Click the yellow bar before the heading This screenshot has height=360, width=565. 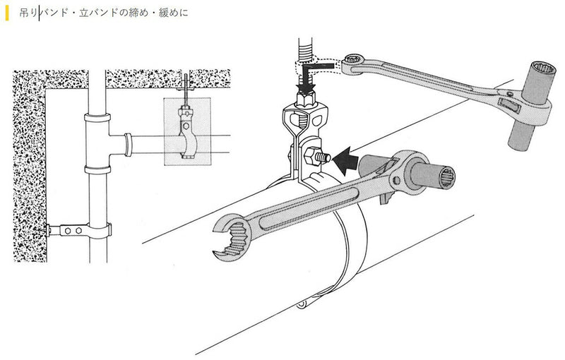click(6, 12)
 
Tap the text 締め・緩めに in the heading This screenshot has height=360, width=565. click(163, 12)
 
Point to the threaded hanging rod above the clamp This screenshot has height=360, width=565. click(306, 49)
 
